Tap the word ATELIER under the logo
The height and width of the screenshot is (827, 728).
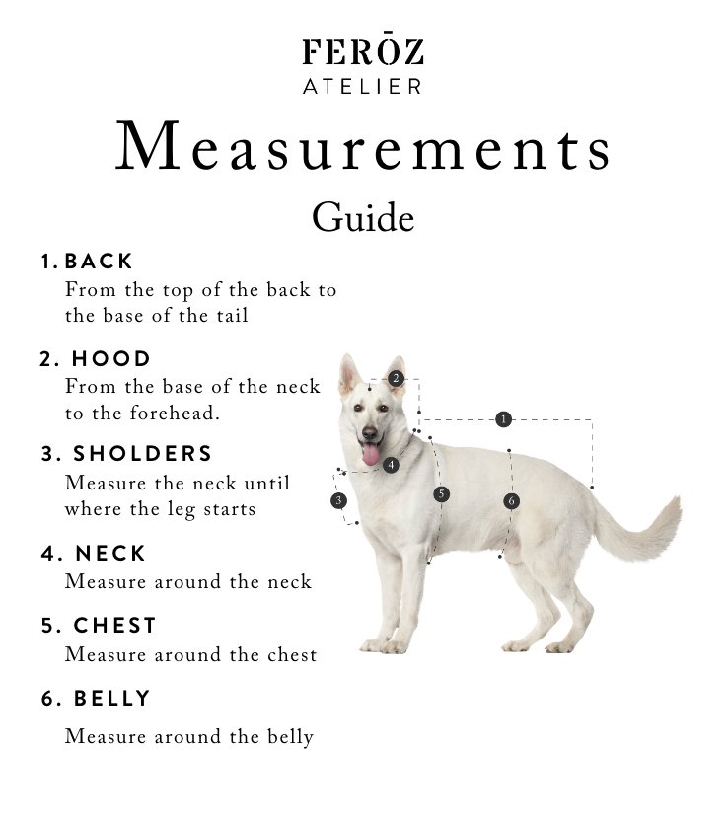[x=363, y=87]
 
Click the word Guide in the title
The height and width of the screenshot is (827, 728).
[x=363, y=217]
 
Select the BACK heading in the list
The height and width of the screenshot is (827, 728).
[x=99, y=262]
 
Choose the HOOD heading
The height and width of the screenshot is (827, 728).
[x=111, y=358]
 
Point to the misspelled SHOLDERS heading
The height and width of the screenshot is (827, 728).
[x=142, y=454]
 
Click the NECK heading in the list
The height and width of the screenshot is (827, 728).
[x=110, y=554]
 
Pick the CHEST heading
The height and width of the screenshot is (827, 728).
[x=114, y=626]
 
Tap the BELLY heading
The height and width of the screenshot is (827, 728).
[x=112, y=699]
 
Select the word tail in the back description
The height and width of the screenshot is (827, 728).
[x=232, y=316]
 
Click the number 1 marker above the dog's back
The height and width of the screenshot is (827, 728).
[x=503, y=419]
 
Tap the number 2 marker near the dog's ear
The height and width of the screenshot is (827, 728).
[x=396, y=378]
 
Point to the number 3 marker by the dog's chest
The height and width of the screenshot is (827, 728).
[x=339, y=500]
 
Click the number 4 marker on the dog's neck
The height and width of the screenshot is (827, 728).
[x=391, y=465]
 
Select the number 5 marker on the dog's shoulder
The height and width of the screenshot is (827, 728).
[x=441, y=494]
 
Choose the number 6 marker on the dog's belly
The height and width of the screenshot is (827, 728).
[x=511, y=501]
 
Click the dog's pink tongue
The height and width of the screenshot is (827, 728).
[x=371, y=454]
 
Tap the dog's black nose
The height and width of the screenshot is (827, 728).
[x=370, y=433]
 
